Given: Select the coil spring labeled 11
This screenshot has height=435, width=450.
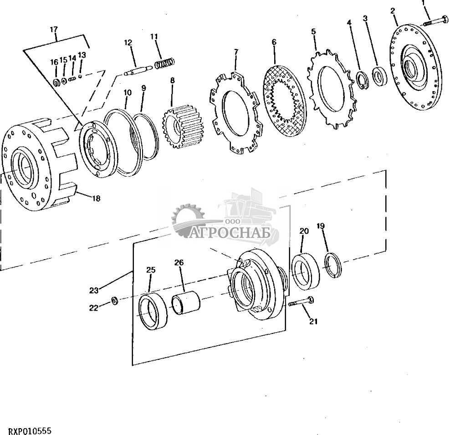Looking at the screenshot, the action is pyautogui.click(x=164, y=63).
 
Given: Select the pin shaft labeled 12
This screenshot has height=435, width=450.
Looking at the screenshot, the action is pyautogui.click(x=139, y=70).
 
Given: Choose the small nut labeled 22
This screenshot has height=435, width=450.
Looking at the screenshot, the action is pyautogui.click(x=115, y=301).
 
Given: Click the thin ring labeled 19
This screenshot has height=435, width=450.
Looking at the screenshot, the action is pyautogui.click(x=333, y=265).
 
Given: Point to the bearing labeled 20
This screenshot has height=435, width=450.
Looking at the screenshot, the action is pyautogui.click(x=305, y=271).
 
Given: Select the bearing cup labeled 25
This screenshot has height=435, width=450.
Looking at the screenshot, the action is pyautogui.click(x=153, y=312).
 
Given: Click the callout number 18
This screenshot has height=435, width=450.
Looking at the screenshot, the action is pyautogui.click(x=96, y=198).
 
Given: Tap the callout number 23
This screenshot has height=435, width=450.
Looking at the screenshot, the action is pyautogui.click(x=93, y=291).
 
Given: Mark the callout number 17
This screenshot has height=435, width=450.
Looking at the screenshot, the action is pyautogui.click(x=54, y=29).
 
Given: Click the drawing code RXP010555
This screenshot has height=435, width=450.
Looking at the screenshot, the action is pyautogui.click(x=30, y=430).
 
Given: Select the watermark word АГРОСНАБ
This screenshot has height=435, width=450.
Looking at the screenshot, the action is pyautogui.click(x=230, y=233).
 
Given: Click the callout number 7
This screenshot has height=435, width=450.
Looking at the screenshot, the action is pyautogui.click(x=236, y=52).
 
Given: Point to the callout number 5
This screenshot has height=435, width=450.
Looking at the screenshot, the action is pyautogui.click(x=313, y=31).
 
